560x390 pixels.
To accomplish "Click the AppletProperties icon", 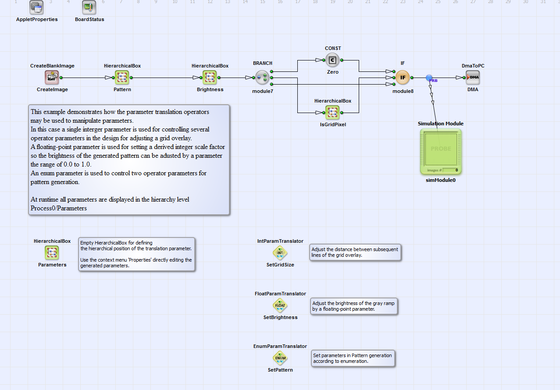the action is pyautogui.click(x=36, y=7).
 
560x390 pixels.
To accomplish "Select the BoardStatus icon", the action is pyautogui.click(x=89, y=7).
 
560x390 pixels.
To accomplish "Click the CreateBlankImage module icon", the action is pyautogui.click(x=52, y=78).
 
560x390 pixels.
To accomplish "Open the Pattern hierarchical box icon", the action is pyautogui.click(x=122, y=78).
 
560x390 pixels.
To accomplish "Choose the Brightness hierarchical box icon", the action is pyautogui.click(x=210, y=78).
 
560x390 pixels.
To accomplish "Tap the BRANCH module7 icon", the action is pyautogui.click(x=262, y=78).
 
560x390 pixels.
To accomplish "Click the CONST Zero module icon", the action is pyautogui.click(x=332, y=60).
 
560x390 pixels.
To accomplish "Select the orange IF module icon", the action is pyautogui.click(x=403, y=78).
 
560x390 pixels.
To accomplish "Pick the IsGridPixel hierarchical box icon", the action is pyautogui.click(x=332, y=113).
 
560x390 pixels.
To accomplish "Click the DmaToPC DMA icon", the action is pyautogui.click(x=473, y=78).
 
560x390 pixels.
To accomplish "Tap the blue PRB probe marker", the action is pyautogui.click(x=429, y=78).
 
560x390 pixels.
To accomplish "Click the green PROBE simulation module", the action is pyautogui.click(x=441, y=152).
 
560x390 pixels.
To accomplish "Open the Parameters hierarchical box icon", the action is pyautogui.click(x=52, y=252).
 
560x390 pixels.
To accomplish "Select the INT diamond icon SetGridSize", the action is pyautogui.click(x=280, y=252).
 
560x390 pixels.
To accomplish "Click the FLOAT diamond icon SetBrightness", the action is pyautogui.click(x=280, y=305).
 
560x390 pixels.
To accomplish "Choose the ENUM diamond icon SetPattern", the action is pyautogui.click(x=280, y=358).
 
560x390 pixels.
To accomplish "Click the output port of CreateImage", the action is pyautogui.click(x=61, y=78).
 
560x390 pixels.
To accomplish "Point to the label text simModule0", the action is pyautogui.click(x=440, y=180).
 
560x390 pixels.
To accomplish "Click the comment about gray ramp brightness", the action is pyautogui.click(x=354, y=306).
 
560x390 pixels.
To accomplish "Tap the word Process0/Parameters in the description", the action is pyautogui.click(x=59, y=208).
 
